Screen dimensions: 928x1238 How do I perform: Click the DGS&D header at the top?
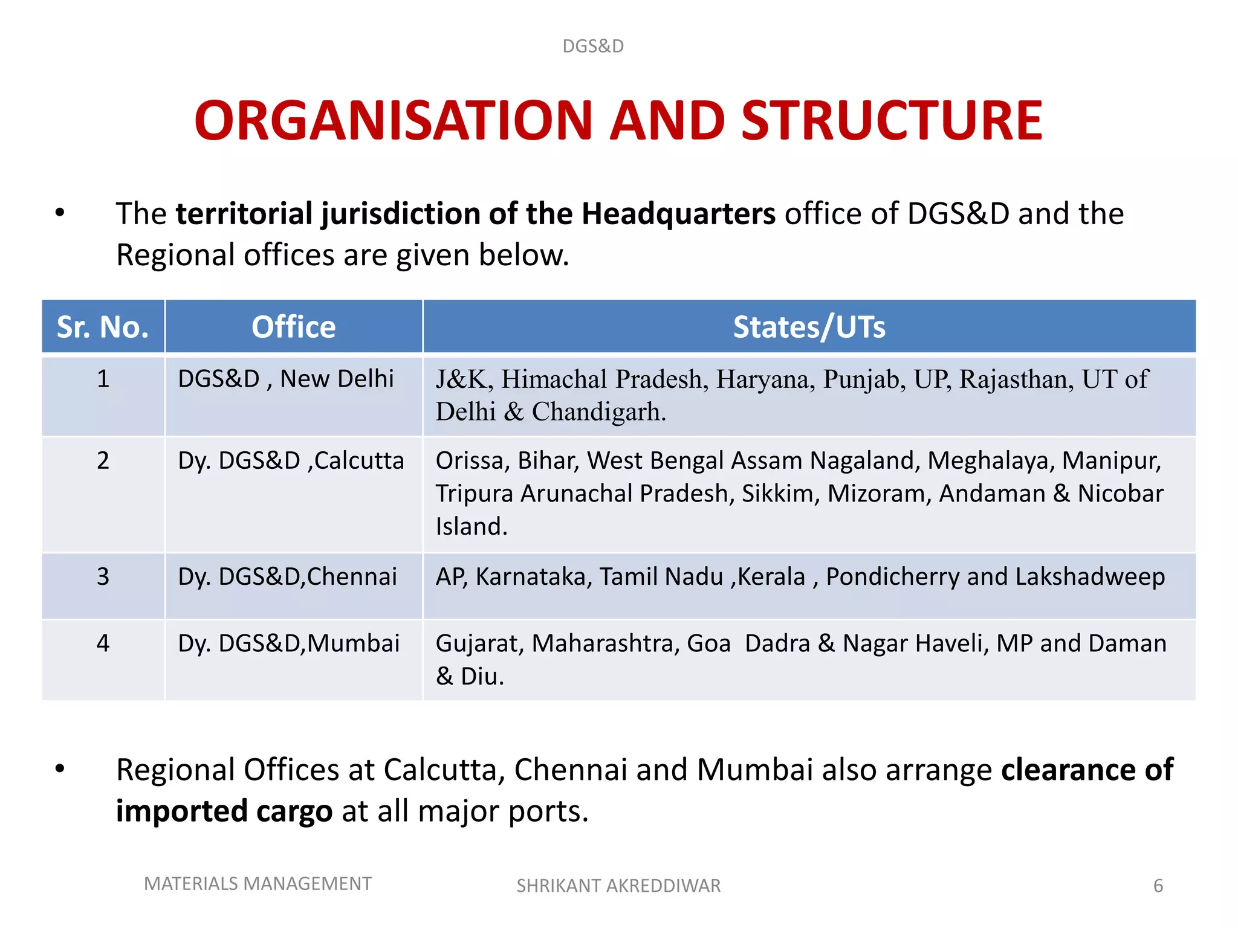pyautogui.click(x=592, y=46)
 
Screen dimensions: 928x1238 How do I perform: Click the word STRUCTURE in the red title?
pyautogui.click(x=892, y=121)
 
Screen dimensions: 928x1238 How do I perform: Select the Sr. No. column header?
pyautogui.click(x=103, y=327)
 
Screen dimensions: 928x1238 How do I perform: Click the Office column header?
pyautogui.click(x=293, y=327)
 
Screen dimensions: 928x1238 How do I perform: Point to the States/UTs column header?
pyautogui.click(x=809, y=327)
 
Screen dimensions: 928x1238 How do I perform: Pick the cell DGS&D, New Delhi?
pyautogui.click(x=285, y=379)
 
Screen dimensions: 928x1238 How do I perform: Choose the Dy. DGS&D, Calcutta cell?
pyautogui.click(x=291, y=460)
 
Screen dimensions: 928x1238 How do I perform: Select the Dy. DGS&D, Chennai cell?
pyautogui.click(x=287, y=576)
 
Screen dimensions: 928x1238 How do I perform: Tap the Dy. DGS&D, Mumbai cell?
pyautogui.click(x=288, y=643)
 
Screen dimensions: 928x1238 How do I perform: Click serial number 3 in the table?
pyautogui.click(x=103, y=576)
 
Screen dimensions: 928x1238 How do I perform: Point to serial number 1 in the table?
pyautogui.click(x=103, y=379)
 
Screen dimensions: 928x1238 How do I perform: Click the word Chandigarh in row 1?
pyautogui.click(x=598, y=412)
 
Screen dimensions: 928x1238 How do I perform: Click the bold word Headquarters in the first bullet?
pyautogui.click(x=678, y=214)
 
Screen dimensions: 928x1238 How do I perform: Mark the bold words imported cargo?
pyautogui.click(x=224, y=811)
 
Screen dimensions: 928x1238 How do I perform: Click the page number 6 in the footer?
pyautogui.click(x=1158, y=886)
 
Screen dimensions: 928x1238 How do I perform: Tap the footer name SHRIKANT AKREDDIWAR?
pyautogui.click(x=618, y=886)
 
